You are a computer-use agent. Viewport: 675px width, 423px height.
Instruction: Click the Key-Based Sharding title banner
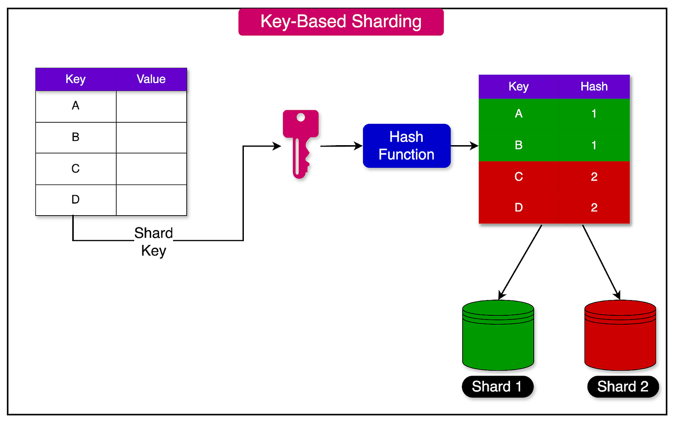pyautogui.click(x=341, y=22)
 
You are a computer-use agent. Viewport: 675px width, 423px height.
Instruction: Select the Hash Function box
pyautogui.click(x=407, y=146)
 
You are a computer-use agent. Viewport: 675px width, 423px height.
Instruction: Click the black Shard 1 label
pyautogui.click(x=497, y=386)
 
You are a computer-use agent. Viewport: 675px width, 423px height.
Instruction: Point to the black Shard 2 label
pyautogui.click(x=623, y=386)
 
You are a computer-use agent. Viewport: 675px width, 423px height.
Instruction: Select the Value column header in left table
pyautogui.click(x=151, y=79)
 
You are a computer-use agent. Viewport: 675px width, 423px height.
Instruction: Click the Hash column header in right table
pyautogui.click(x=594, y=87)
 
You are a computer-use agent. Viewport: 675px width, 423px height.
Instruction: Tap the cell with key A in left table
pyautogui.click(x=76, y=106)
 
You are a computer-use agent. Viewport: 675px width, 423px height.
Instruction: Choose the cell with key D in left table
pyautogui.click(x=76, y=200)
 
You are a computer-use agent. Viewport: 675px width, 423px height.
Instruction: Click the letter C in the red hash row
pyautogui.click(x=518, y=177)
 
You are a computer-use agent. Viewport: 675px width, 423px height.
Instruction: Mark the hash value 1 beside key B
pyautogui.click(x=594, y=145)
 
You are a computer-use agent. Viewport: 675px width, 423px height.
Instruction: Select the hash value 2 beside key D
pyautogui.click(x=594, y=207)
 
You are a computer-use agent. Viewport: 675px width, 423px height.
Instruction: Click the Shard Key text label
pyautogui.click(x=153, y=242)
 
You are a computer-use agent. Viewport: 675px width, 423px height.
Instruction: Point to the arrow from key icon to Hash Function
pyautogui.click(x=341, y=146)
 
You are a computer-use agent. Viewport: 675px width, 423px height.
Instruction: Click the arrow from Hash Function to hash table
pyautogui.click(x=464, y=146)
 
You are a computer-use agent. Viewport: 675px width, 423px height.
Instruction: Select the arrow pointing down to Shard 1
pyautogui.click(x=520, y=263)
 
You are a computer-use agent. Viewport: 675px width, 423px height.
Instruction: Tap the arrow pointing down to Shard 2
pyautogui.click(x=601, y=263)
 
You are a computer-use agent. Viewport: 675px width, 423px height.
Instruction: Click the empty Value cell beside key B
pyautogui.click(x=151, y=138)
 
